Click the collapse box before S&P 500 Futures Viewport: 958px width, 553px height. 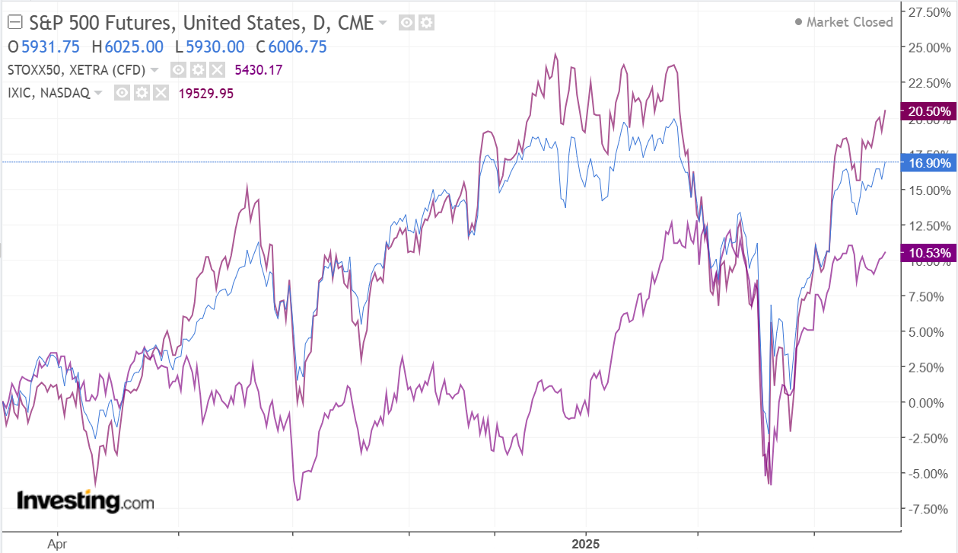(13, 23)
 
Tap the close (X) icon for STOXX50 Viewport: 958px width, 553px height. (217, 70)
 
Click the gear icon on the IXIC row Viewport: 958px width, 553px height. (141, 93)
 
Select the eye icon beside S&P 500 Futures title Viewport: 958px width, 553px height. (407, 23)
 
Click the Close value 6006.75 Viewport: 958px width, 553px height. (298, 46)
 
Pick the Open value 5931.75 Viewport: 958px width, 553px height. (50, 46)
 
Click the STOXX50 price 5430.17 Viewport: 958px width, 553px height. (259, 70)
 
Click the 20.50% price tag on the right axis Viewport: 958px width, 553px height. (925, 111)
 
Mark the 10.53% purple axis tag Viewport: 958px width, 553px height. (925, 253)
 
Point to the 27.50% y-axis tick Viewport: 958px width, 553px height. (926, 13)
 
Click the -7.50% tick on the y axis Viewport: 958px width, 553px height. (926, 509)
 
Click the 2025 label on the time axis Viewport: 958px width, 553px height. (586, 544)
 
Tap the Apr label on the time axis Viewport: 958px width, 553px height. (57, 544)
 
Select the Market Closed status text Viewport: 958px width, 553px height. (849, 22)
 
